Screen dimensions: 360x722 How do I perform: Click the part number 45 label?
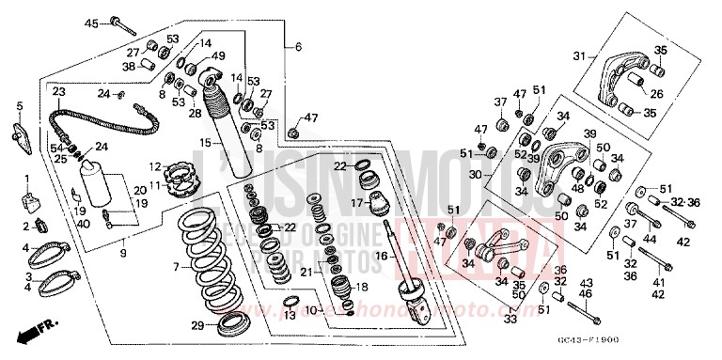click(91, 22)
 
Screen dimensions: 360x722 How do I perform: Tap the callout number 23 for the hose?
click(58, 92)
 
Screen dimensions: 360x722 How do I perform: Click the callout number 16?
click(382, 255)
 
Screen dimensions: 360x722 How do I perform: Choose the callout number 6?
click(297, 46)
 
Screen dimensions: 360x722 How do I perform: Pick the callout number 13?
click(290, 315)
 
